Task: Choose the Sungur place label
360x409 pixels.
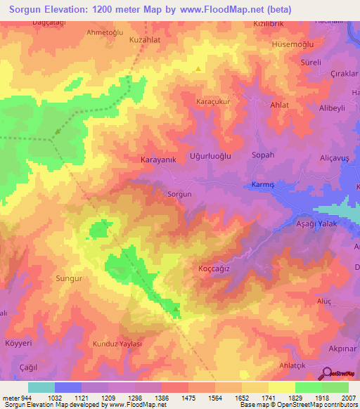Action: point(69,278)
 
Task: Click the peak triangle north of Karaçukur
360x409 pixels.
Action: point(199,69)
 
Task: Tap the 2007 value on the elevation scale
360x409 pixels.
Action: point(349,397)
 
